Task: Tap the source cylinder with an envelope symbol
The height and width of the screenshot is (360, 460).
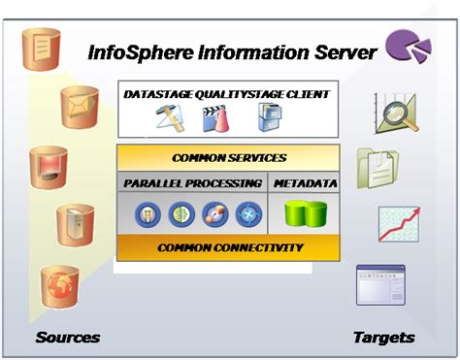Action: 80,104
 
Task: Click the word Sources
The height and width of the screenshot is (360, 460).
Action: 67,338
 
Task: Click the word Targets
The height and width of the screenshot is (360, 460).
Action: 382,338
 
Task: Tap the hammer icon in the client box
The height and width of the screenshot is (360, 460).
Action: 170,117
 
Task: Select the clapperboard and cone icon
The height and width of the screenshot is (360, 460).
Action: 218,118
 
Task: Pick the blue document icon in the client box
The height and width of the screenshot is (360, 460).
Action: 268,117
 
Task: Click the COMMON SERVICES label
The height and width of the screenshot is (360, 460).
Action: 229,157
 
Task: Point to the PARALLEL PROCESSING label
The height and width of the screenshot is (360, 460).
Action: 192,182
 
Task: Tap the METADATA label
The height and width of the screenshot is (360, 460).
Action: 306,182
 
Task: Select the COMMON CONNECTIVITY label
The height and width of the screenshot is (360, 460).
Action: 229,247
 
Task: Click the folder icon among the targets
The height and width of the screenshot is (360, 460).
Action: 377,166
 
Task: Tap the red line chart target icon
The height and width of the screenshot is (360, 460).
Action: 398,224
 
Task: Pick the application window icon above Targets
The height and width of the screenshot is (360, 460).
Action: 379,286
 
